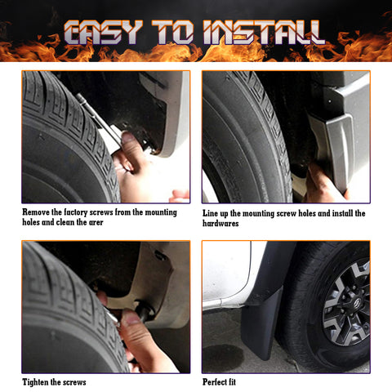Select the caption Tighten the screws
coord(54,381)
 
